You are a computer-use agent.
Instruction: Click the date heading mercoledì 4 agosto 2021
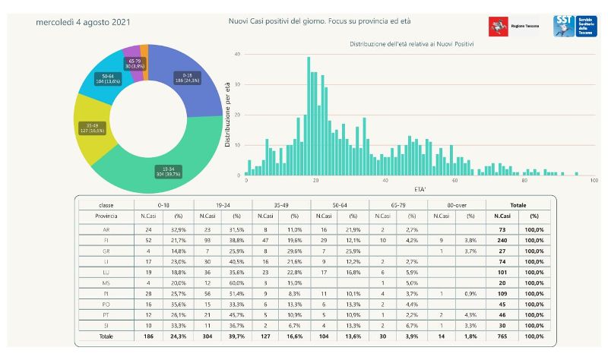click(82, 22)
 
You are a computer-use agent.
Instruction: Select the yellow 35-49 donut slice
click(92, 127)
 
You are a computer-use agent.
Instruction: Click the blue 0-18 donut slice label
click(186, 77)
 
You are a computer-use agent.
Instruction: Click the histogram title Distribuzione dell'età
click(412, 44)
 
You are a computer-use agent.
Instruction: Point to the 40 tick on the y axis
click(238, 55)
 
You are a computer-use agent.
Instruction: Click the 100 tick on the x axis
click(594, 181)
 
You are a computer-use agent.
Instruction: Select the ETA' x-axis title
click(419, 187)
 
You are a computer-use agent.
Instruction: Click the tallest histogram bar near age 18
click(309, 114)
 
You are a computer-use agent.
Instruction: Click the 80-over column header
click(454, 205)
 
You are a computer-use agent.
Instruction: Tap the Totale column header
click(518, 205)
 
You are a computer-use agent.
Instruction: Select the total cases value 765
click(502, 336)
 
